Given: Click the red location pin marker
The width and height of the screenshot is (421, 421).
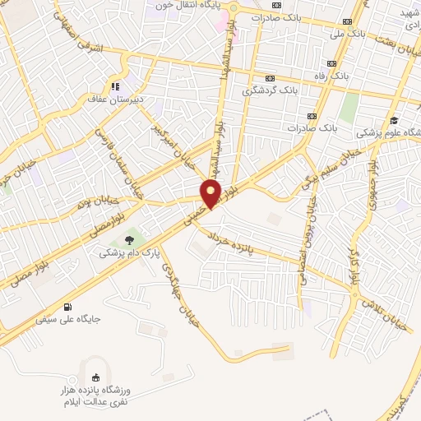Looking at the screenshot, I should point(212,192).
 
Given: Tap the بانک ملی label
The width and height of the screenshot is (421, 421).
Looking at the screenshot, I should point(346,35).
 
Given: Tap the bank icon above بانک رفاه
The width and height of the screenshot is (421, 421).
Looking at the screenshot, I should point(332,64).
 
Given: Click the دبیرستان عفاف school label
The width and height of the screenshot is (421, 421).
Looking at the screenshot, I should point(116,99).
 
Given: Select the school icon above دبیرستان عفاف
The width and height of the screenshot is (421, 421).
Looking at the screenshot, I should point(116,86).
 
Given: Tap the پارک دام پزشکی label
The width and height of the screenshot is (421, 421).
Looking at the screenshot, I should point(123,253).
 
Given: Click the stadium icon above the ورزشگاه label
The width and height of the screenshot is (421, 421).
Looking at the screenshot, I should point(94,377).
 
